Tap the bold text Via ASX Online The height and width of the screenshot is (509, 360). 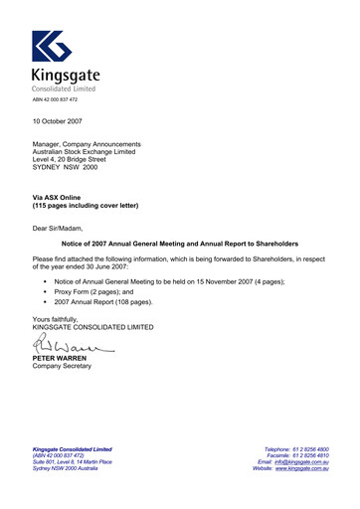(x=63, y=198)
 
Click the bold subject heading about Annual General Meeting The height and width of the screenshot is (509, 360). (x=180, y=244)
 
